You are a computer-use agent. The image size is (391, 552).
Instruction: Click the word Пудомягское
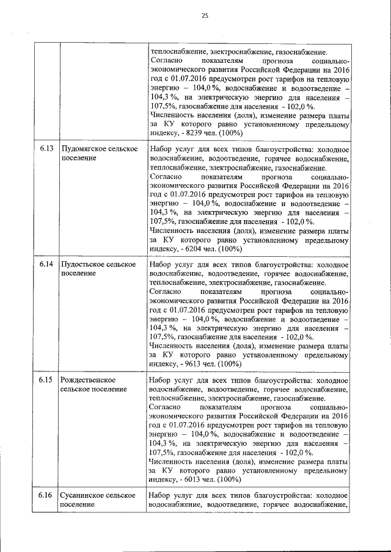point(85,149)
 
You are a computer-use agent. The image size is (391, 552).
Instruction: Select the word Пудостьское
point(83,264)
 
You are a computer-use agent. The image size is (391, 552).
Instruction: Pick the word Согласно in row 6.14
point(164,292)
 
